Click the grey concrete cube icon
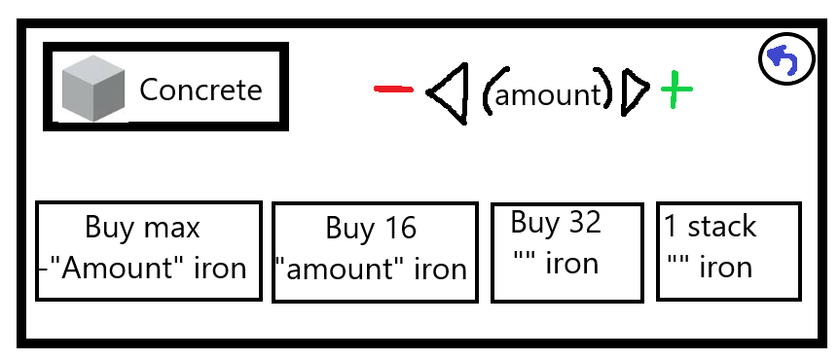coord(93,89)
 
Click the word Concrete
coord(201,90)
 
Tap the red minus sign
coord(393,90)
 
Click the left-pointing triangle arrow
coord(448,93)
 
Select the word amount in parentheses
coord(548,95)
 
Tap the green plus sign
coord(676,89)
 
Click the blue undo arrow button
coord(786,58)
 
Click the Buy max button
coord(149,251)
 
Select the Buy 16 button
coord(375,252)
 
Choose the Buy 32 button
coord(567,252)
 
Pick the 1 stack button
coord(729,251)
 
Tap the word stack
coord(722,227)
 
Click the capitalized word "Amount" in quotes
coord(125,268)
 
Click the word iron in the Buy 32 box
coord(571,263)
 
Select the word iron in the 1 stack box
coord(726,267)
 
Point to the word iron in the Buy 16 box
coord(440,269)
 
